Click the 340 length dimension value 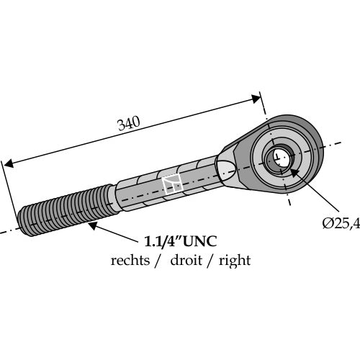click(x=129, y=123)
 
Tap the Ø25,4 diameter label click(x=341, y=224)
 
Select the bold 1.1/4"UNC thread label click(x=180, y=241)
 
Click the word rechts click(x=130, y=260)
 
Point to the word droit click(x=186, y=260)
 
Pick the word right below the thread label click(x=235, y=261)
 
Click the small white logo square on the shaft click(x=172, y=184)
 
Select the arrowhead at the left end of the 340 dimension click(x=8, y=163)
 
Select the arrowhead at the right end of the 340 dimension click(x=256, y=99)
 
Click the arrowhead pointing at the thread click(x=93, y=226)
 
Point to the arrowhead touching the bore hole click(x=294, y=173)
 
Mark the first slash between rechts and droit click(x=157, y=261)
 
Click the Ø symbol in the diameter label click(x=328, y=224)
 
